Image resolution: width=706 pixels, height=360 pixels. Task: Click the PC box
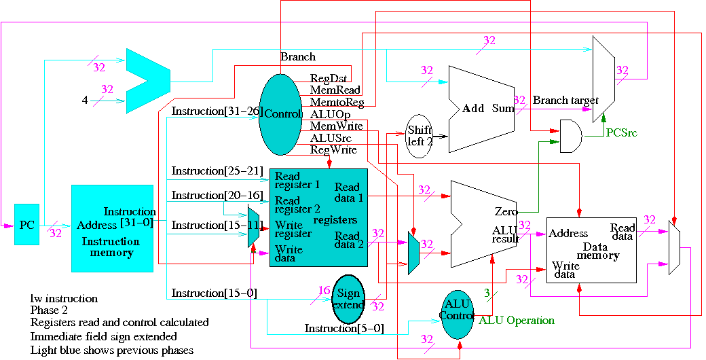[x=26, y=224]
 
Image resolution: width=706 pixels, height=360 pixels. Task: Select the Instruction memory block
[x=112, y=228]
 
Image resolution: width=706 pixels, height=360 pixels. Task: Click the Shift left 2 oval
[x=420, y=137]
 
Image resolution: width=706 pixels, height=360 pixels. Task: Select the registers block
[x=318, y=217]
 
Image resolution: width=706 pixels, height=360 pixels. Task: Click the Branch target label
[x=565, y=101]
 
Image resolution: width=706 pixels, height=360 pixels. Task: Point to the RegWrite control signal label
[x=333, y=149]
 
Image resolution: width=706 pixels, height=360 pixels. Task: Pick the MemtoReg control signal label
[x=337, y=103]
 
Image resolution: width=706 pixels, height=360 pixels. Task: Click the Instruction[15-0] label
[x=214, y=293]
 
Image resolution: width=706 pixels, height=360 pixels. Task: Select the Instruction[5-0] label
[x=344, y=329]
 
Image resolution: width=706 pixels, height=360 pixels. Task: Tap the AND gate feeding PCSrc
[x=569, y=136]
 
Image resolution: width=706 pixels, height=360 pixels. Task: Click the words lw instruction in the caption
[x=64, y=299]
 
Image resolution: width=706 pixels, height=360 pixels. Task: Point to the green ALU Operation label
[x=516, y=320]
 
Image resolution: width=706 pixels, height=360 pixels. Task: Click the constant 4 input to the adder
[x=85, y=101]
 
